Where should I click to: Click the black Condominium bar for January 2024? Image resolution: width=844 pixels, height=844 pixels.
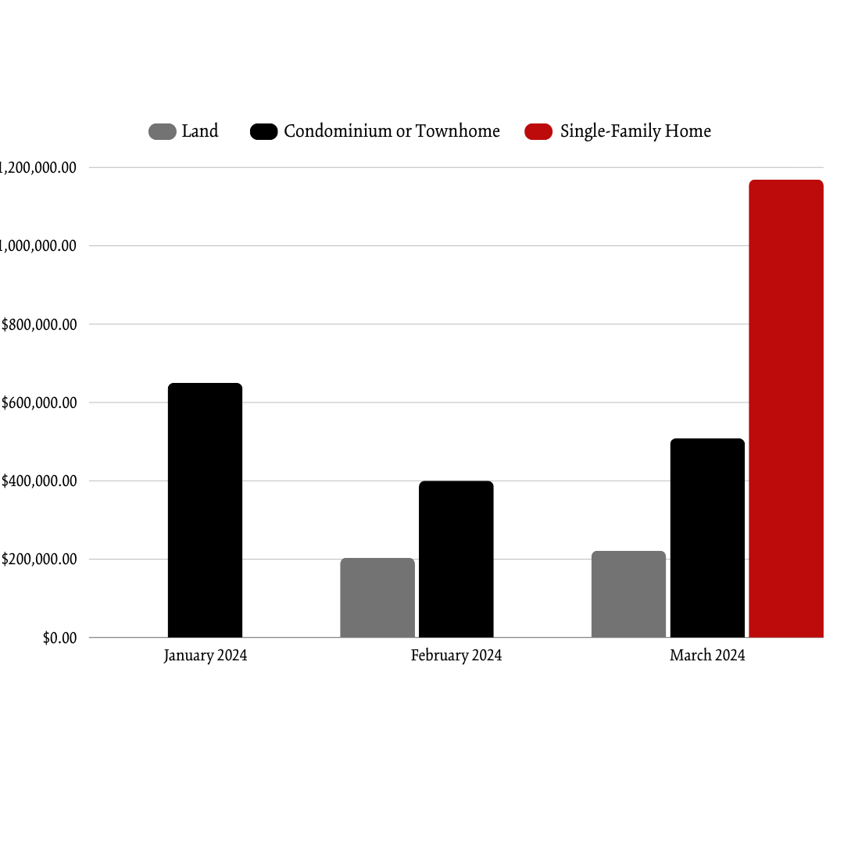point(205,510)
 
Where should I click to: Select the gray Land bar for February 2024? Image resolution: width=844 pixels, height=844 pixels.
point(377,598)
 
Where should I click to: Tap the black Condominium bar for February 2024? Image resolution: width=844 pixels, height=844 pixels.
point(456,559)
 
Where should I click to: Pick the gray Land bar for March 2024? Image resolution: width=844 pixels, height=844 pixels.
point(628,594)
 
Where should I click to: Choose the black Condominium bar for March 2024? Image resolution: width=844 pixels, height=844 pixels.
point(707,538)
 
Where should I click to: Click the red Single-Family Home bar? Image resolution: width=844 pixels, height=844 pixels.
point(785,408)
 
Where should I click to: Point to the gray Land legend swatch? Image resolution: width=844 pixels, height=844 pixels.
point(162,132)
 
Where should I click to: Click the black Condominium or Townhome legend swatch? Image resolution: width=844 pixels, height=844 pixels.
point(263,132)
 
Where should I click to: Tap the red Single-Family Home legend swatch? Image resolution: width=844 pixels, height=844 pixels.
point(538,132)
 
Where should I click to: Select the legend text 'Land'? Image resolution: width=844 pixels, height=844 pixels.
point(200,131)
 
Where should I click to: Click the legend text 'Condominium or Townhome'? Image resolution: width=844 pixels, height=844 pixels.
point(392,131)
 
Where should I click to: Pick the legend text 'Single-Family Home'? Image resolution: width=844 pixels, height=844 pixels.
point(635,131)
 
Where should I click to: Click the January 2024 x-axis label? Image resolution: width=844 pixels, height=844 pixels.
point(206,656)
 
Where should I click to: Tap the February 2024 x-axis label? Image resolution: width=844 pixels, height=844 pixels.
point(456,656)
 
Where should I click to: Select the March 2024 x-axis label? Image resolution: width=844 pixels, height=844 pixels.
point(707,656)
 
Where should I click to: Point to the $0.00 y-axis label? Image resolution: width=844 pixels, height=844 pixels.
point(60,638)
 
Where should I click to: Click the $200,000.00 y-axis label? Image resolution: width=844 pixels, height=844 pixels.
point(39,560)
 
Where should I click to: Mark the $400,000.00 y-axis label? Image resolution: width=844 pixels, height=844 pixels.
point(39,481)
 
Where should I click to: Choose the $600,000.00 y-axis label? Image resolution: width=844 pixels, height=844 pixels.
point(39,403)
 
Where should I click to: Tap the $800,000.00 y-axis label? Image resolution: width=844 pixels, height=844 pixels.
point(39,324)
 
